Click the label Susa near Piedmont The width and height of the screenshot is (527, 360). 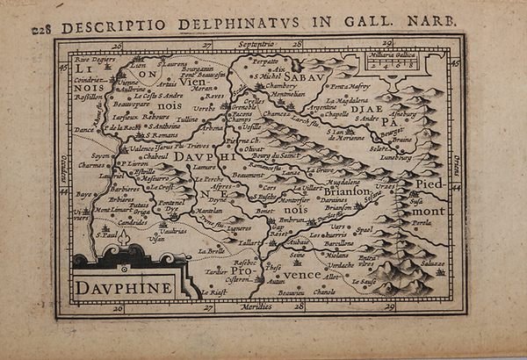point(416,200)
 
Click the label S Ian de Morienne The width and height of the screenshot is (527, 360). point(348,133)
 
